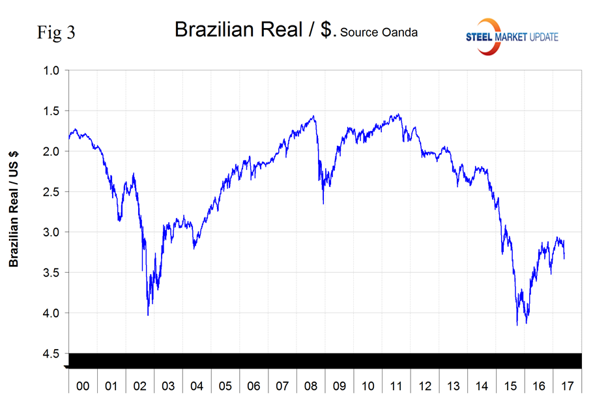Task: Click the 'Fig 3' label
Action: point(56,33)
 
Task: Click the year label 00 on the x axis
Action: point(83,386)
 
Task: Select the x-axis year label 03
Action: point(168,386)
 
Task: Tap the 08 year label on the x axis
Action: point(311,386)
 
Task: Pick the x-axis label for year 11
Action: point(396,386)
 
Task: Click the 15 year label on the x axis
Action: point(510,386)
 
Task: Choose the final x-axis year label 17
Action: point(567,386)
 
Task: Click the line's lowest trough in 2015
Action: point(517,324)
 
